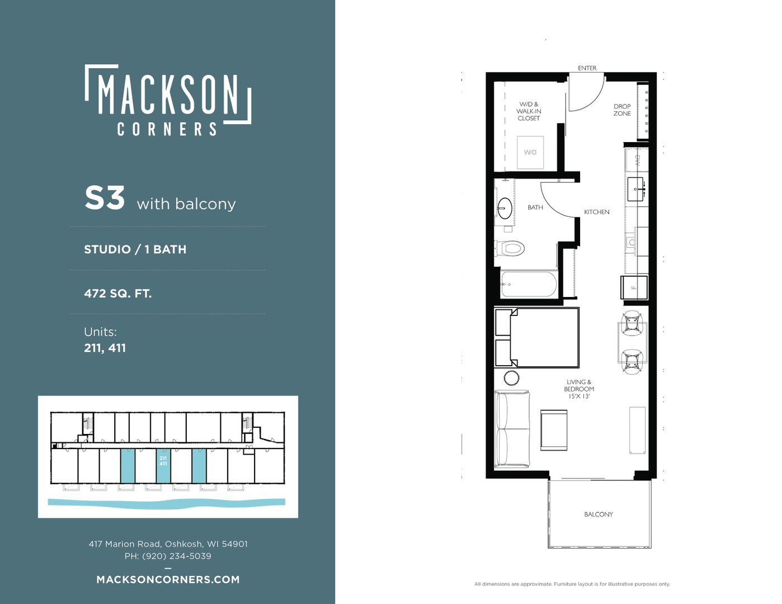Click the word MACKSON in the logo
click(168, 94)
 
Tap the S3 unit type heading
click(105, 198)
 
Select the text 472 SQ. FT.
click(117, 294)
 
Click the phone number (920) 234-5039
click(177, 556)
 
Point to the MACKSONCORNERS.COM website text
click(168, 579)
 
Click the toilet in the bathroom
click(510, 248)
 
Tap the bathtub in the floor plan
click(529, 284)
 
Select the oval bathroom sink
click(505, 208)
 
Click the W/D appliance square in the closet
click(530, 153)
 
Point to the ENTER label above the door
click(587, 68)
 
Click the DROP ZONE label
click(622, 110)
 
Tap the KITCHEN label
click(597, 212)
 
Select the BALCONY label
click(599, 515)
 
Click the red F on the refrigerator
click(634, 287)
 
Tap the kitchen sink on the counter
click(635, 189)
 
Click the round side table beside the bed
click(511, 379)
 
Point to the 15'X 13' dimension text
click(579, 396)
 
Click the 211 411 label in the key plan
click(163, 461)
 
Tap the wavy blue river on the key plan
click(167, 503)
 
